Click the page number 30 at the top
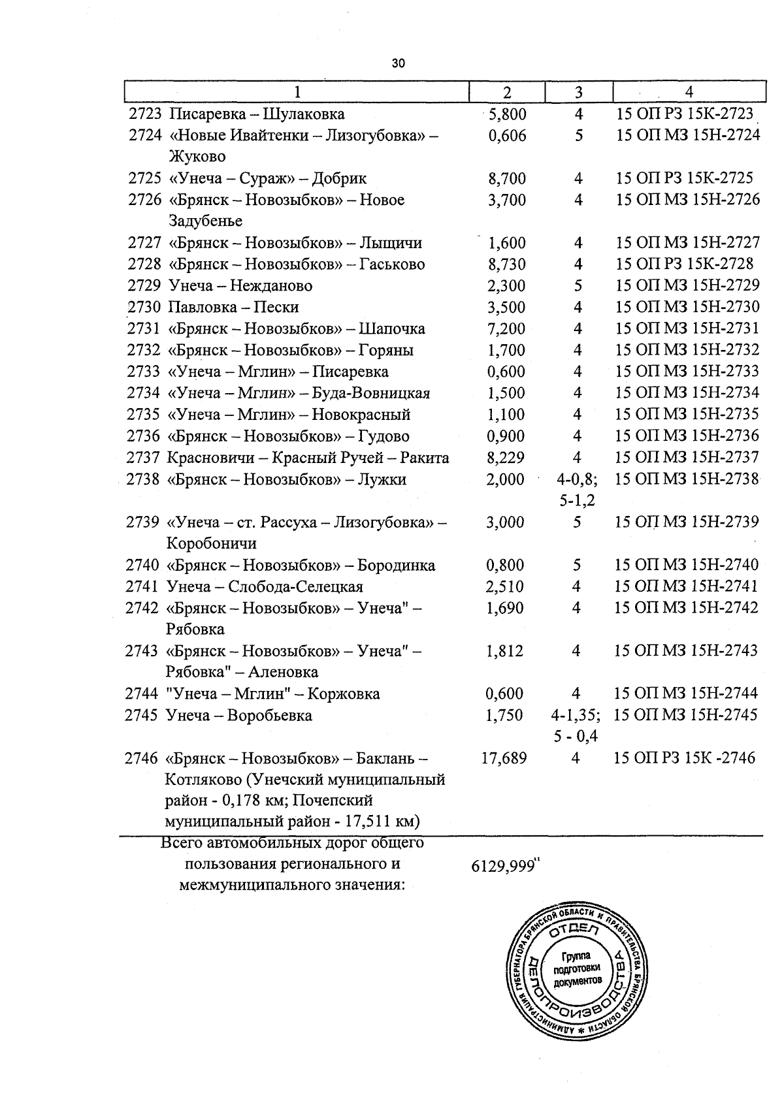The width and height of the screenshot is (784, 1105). click(x=398, y=63)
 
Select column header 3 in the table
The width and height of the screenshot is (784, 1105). click(x=578, y=92)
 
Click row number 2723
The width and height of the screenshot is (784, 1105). click(x=145, y=114)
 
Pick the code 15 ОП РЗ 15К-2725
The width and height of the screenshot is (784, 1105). click(x=684, y=178)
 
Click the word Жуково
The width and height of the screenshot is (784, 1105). click(x=197, y=157)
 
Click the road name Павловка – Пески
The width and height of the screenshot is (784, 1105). click(x=233, y=307)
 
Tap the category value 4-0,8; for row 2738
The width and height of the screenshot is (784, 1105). click(x=577, y=479)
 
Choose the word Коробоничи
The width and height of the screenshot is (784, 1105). click(x=211, y=543)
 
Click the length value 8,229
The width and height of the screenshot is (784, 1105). click(x=506, y=458)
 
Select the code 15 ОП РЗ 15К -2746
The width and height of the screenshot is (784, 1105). click(x=685, y=758)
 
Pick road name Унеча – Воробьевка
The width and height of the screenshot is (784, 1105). click(x=238, y=716)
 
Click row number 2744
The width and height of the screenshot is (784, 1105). click(x=142, y=694)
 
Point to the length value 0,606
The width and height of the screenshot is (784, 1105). click(x=507, y=136)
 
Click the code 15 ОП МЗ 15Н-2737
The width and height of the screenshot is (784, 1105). click(x=687, y=458)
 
